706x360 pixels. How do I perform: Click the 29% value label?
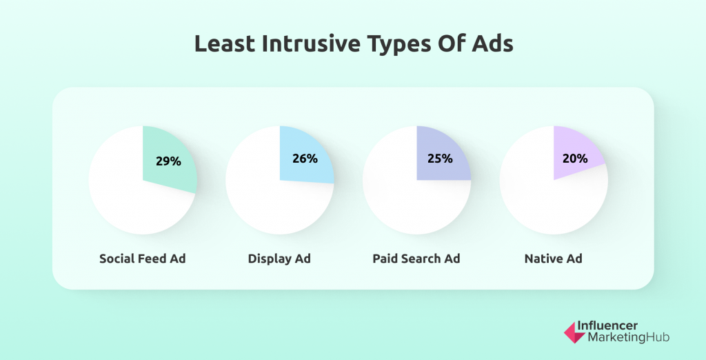click(x=168, y=161)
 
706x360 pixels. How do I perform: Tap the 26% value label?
click(x=305, y=159)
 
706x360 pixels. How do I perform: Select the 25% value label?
click(x=440, y=159)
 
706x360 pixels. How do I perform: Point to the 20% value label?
click(x=575, y=159)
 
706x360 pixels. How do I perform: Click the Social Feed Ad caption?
click(x=143, y=259)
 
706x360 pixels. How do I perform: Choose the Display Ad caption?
click(x=279, y=259)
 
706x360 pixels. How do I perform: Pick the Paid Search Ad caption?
click(x=416, y=259)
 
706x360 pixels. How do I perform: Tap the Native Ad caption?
click(x=553, y=259)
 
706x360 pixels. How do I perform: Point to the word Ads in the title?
click(x=492, y=44)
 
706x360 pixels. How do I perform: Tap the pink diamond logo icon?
click(x=573, y=332)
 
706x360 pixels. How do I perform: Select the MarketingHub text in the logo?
click(x=627, y=338)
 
